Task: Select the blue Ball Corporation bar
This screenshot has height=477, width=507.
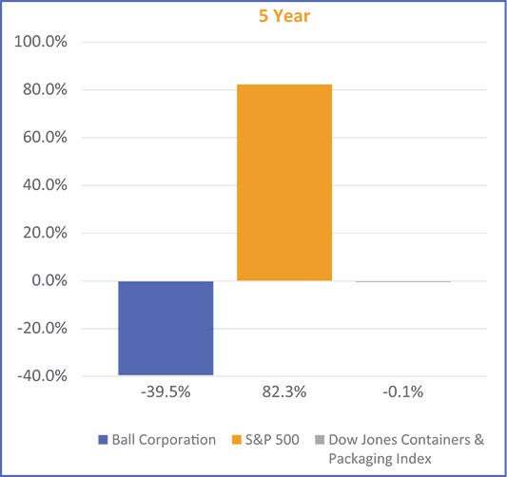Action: click(166, 328)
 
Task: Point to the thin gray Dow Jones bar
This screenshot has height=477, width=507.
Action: click(403, 281)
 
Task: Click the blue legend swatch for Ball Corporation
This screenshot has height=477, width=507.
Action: click(103, 440)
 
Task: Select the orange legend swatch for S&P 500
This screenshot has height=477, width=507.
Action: click(237, 440)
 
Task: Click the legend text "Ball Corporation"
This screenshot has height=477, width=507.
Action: click(165, 440)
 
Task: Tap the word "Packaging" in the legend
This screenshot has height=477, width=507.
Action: click(361, 458)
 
